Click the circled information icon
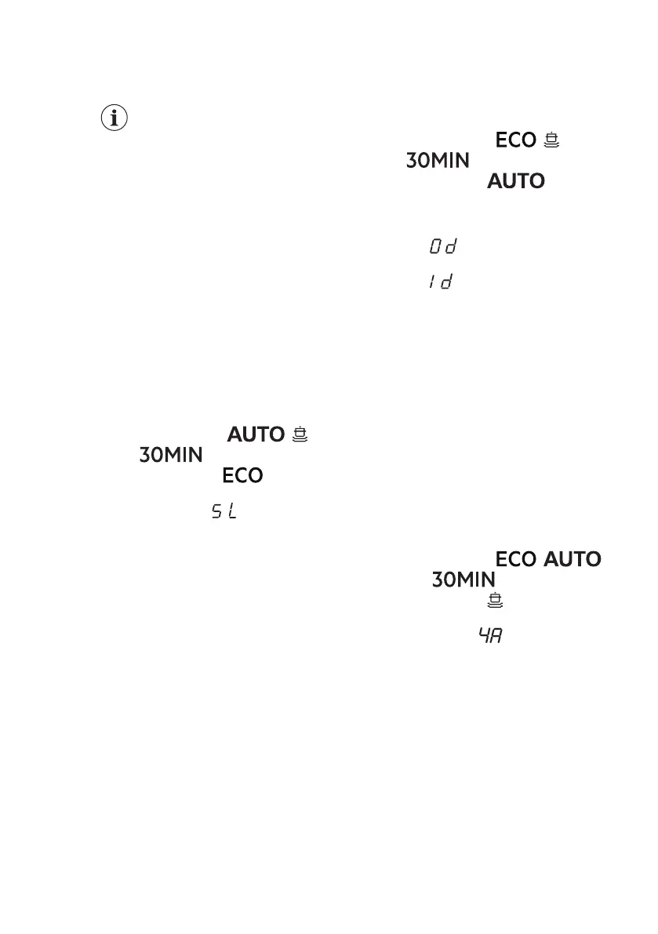[115, 118]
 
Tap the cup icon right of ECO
[551, 140]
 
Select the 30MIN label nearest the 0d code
[438, 162]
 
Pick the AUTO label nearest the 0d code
[516, 182]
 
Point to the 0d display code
[442, 247]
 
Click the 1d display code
[441, 281]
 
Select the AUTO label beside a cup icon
[256, 434]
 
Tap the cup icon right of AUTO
[299, 433]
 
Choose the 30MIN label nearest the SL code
[171, 455]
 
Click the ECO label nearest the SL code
[242, 476]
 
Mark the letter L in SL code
[232, 511]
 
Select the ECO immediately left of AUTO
[516, 560]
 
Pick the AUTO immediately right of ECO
[573, 560]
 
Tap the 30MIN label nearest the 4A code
[464, 580]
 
